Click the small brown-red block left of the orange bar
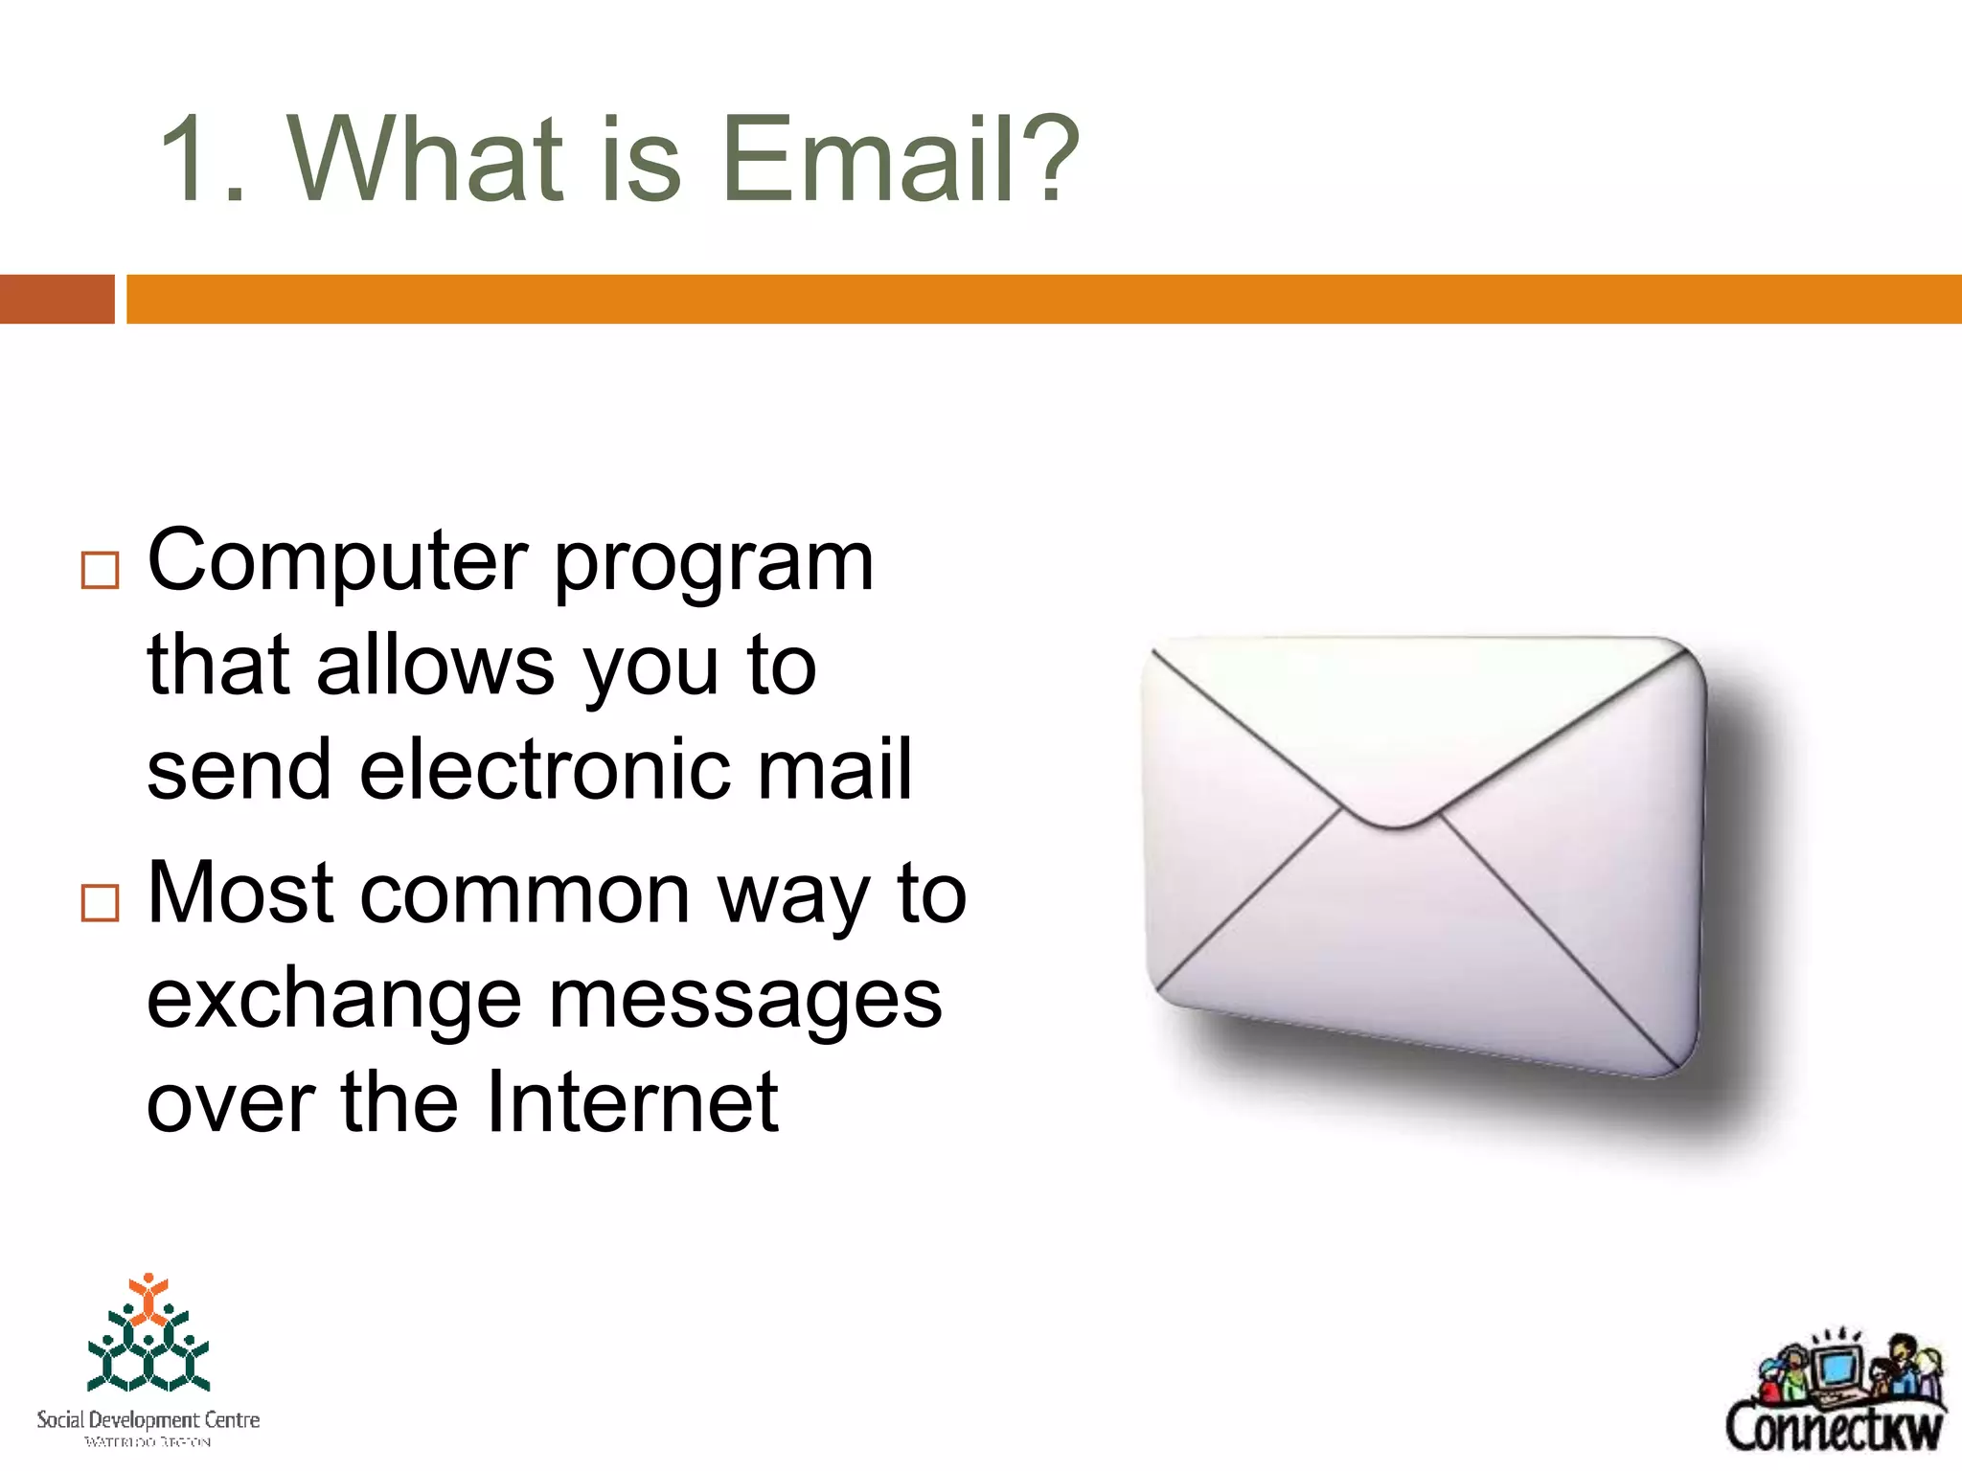point(57,299)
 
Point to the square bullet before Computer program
point(101,570)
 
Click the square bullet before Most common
point(101,902)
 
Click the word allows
point(436,665)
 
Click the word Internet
point(632,1102)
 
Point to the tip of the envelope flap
point(1394,824)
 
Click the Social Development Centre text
point(148,1419)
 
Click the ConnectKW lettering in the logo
point(1834,1428)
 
